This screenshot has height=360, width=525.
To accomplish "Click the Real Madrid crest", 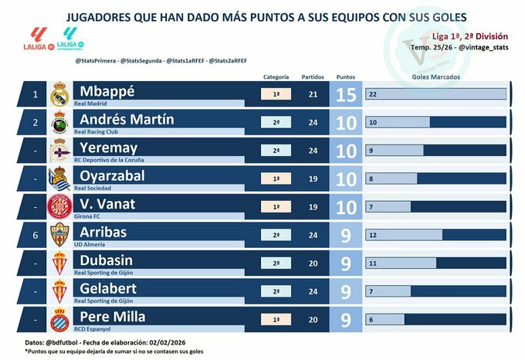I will (59, 95).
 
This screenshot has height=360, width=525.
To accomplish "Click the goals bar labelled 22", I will (435, 94).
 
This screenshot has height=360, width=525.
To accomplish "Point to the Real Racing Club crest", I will (59, 123).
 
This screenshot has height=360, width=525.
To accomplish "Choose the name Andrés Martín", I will (127, 119).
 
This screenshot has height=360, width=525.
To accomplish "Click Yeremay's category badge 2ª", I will (276, 150).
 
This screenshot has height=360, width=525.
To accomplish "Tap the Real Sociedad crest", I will (59, 178).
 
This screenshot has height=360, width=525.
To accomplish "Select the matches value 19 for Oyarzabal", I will (313, 178).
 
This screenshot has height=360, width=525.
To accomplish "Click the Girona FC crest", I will (59, 206).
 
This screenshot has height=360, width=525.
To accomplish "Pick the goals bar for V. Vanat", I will (389, 206).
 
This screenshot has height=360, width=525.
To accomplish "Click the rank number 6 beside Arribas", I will (33, 234).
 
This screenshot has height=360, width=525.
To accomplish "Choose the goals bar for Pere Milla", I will (385, 318).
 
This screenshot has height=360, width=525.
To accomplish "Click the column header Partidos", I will (313, 77).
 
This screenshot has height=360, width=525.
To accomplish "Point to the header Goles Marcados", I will (435, 77).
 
